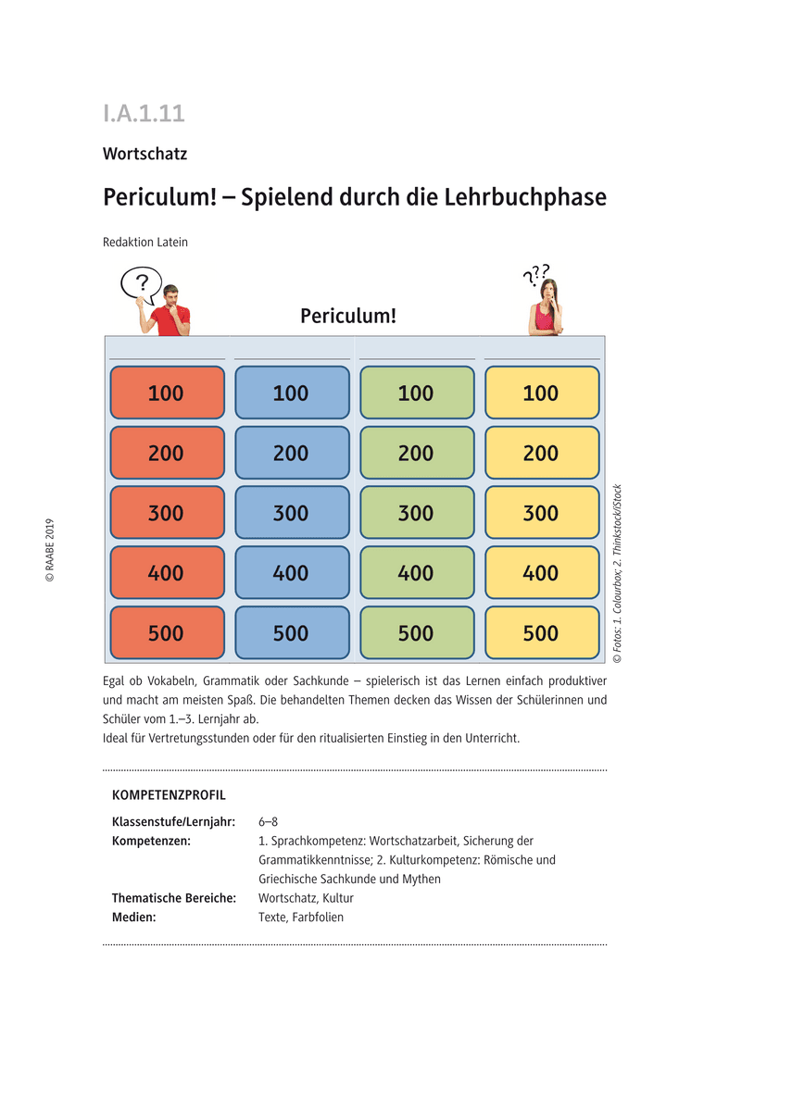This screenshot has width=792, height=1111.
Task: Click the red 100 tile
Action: click(x=167, y=393)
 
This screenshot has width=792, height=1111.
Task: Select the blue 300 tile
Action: click(x=292, y=513)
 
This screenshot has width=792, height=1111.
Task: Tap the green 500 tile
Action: click(x=416, y=633)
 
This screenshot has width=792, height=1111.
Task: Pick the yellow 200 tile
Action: click(x=541, y=453)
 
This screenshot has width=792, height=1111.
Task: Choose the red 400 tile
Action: click(x=167, y=573)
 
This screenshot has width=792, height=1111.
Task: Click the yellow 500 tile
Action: click(x=541, y=633)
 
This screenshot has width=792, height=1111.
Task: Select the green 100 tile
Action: click(x=416, y=393)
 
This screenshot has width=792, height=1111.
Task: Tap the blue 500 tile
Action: click(x=292, y=633)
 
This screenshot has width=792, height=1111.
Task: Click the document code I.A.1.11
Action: click(x=144, y=113)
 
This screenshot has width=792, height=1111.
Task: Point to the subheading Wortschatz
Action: click(x=145, y=154)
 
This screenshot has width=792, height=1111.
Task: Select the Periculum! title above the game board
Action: click(x=348, y=316)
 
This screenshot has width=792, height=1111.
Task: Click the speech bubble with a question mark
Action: click(x=141, y=284)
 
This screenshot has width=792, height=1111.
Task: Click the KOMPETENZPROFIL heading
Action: click(x=169, y=795)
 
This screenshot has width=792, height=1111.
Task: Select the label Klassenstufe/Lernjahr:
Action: click(x=173, y=822)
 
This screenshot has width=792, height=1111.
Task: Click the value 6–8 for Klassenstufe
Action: click(x=268, y=822)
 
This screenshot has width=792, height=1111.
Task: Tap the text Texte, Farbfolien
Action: click(x=301, y=918)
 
